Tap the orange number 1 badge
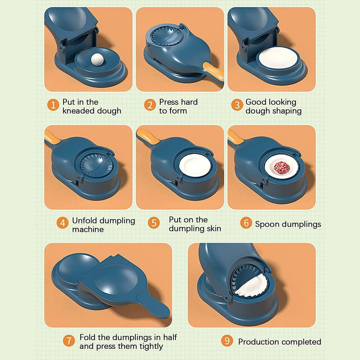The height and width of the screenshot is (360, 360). click(x=53, y=105)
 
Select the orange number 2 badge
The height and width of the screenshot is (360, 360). click(x=150, y=105)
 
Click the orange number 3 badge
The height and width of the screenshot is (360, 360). click(x=237, y=105)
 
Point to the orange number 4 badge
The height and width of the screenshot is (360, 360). click(x=62, y=223)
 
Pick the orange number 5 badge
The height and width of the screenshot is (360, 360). click(x=154, y=223)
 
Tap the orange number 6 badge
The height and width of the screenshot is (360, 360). click(x=246, y=223)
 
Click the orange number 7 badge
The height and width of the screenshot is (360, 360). click(x=69, y=341)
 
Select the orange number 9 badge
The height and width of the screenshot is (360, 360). click(x=227, y=341)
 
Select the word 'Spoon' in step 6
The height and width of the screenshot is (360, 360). click(x=266, y=224)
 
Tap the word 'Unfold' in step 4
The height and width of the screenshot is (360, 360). click(x=84, y=221)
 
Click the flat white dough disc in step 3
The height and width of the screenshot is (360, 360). click(x=278, y=58)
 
